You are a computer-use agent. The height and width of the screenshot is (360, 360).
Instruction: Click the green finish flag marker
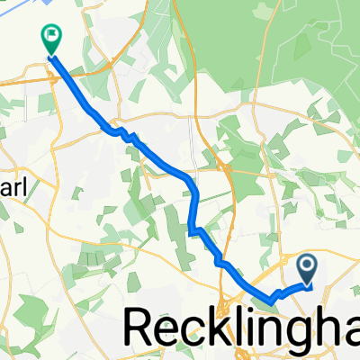click(49, 39)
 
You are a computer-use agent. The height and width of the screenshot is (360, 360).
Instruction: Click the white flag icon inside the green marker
click(50, 36)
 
